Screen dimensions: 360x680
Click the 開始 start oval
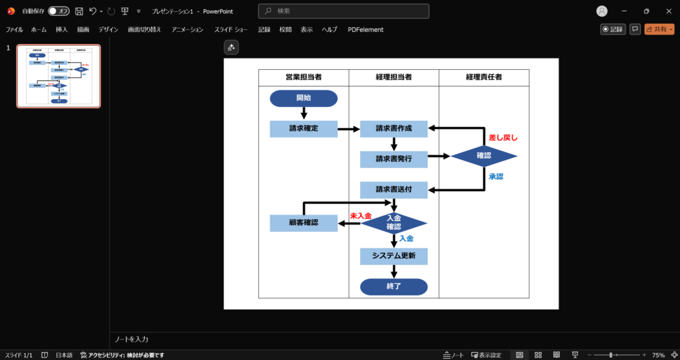303,98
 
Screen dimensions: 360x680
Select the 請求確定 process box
303,129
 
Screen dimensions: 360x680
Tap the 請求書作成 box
394,129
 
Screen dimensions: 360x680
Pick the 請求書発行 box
394,159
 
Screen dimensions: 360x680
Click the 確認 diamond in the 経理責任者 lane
483,156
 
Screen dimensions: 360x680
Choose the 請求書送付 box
394,190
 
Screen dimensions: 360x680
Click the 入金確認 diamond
394,223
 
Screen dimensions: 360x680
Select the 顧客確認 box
303,223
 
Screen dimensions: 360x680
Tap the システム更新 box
394,256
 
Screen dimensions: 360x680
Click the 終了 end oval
394,287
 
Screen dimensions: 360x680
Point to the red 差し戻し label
503,138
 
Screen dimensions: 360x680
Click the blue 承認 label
496,177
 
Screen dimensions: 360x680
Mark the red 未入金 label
361,216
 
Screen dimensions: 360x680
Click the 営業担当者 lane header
303,78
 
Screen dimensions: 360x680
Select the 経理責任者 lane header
483,78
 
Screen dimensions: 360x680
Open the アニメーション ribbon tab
187,29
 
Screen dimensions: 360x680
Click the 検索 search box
343,11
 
